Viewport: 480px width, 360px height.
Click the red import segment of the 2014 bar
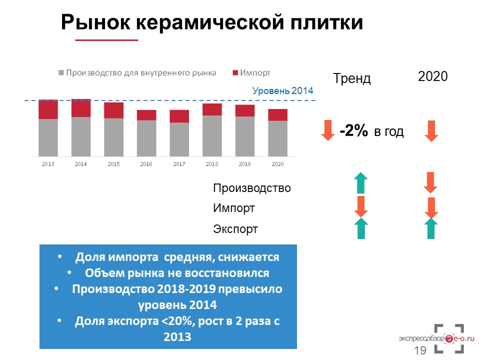coord(81,108)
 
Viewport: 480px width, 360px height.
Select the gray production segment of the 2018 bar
coord(212,136)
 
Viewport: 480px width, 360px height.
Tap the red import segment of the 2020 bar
coord(277,115)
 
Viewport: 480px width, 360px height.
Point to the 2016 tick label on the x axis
coord(146,164)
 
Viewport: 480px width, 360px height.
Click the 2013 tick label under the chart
coord(48,164)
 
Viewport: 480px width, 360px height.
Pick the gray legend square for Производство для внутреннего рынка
coord(61,73)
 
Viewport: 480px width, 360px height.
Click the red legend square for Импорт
coord(235,73)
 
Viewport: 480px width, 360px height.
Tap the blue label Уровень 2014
coord(283,90)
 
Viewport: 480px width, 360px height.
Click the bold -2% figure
coord(354,130)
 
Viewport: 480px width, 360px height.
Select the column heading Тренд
coord(351,78)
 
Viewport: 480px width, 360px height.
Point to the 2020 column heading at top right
coord(433,76)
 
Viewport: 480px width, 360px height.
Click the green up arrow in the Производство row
coord(361,183)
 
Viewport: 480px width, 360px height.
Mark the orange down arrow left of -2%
coord(328,130)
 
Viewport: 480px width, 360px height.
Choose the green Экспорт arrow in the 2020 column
coord(431,228)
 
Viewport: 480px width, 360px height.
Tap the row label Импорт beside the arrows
coord(234,208)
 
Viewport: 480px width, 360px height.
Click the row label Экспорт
coord(235,229)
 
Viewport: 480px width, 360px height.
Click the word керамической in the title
coord(210,22)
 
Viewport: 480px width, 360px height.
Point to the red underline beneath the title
coord(107,40)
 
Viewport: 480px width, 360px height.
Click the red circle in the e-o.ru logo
coord(449,338)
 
